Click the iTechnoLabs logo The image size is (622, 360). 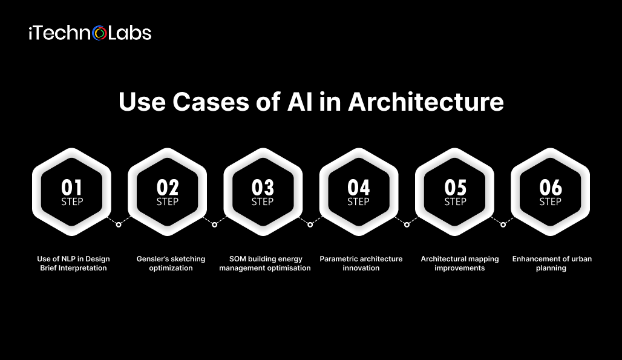pos(90,33)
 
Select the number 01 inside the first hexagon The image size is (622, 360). pos(71,188)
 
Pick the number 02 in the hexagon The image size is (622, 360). pos(167,188)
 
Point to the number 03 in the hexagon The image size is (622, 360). pos(263,188)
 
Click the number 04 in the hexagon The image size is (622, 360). pos(358,188)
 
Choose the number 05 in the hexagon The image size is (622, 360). pos(454,188)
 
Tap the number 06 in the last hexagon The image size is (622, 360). pos(550,188)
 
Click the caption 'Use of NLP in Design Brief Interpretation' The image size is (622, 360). pos(73,263)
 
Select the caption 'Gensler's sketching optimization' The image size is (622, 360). pos(171,263)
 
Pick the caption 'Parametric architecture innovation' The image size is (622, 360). pos(361,263)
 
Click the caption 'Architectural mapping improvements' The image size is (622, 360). pos(460,263)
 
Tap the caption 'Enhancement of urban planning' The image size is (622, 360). pos(552,263)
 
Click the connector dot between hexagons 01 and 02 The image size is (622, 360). pos(119,224)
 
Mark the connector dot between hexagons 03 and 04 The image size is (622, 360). pos(310,224)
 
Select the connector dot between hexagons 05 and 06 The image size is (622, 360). pos(502,224)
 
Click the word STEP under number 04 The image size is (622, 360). pos(358,201)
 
